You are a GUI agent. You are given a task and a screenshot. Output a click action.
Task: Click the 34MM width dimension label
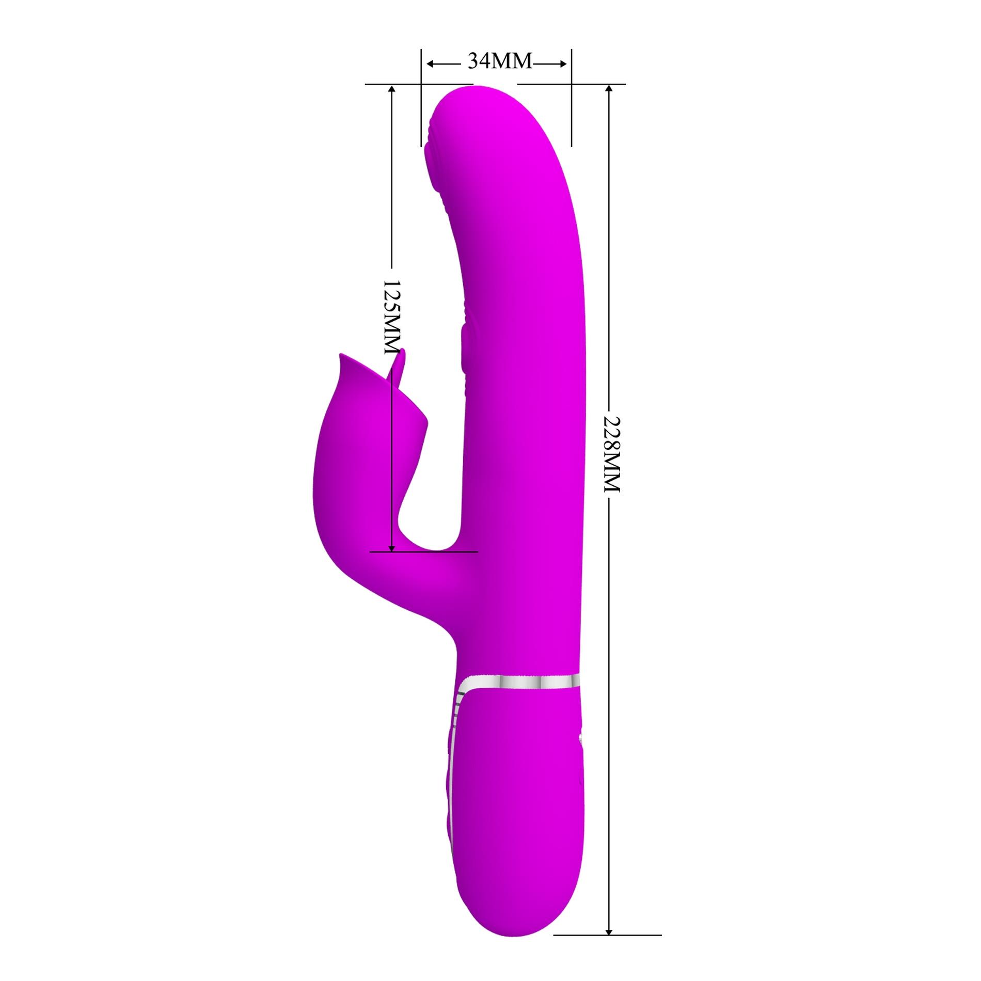(499, 61)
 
